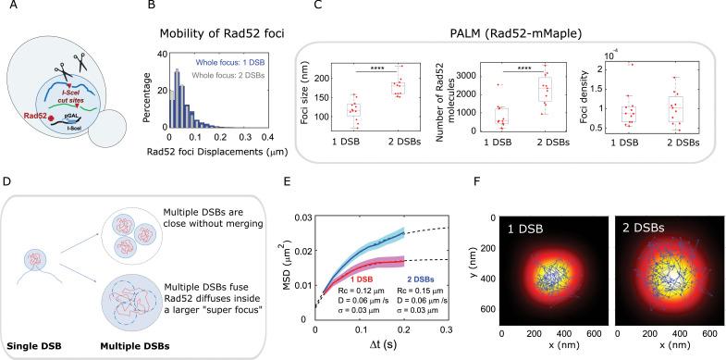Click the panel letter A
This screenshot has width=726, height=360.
coord(7,8)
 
